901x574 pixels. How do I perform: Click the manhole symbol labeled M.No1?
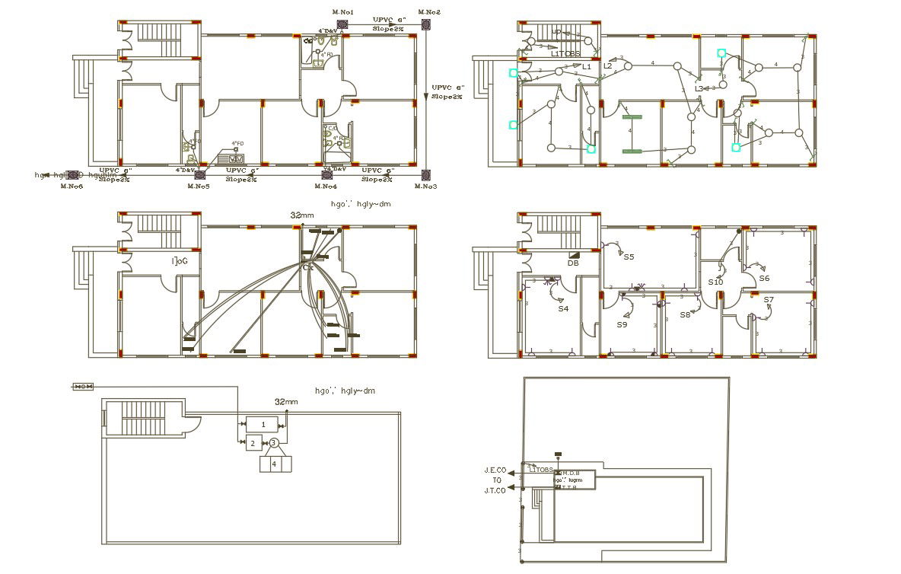point(342,25)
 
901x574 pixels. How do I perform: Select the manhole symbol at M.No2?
point(426,25)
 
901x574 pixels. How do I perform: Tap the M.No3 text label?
point(426,187)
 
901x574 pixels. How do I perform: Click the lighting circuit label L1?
point(587,67)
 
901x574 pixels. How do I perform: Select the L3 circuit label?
point(699,89)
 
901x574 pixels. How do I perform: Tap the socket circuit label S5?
point(629,257)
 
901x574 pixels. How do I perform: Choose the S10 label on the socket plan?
point(715,282)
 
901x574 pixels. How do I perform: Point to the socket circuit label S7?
point(769,300)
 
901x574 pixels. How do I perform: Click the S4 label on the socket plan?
point(563,309)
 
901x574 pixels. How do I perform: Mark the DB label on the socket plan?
point(573,263)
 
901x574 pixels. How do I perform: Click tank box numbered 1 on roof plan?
point(263,424)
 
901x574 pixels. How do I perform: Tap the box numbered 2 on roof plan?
point(252,443)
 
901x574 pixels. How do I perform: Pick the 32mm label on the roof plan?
point(286,401)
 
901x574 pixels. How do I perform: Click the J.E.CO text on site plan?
point(495,470)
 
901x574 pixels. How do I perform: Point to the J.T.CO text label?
point(495,490)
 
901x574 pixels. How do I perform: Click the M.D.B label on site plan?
point(571,474)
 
